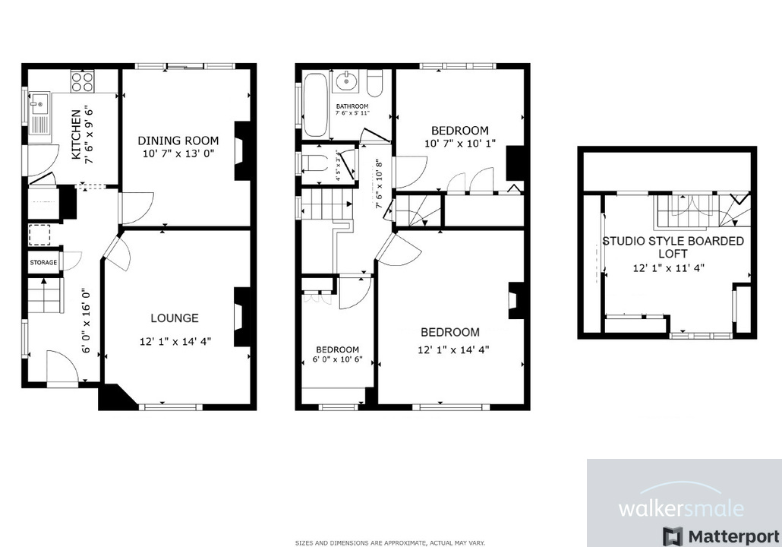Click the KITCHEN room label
(76, 134)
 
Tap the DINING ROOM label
(178, 141)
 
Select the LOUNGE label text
(175, 318)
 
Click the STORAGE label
(43, 263)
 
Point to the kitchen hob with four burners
(82, 81)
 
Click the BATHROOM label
(352, 106)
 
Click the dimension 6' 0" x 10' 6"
(337, 360)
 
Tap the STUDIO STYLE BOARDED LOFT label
(673, 248)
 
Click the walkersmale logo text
(681, 507)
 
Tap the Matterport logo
(721, 536)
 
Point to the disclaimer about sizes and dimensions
(390, 542)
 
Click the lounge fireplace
(242, 316)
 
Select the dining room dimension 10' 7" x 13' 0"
(178, 154)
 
